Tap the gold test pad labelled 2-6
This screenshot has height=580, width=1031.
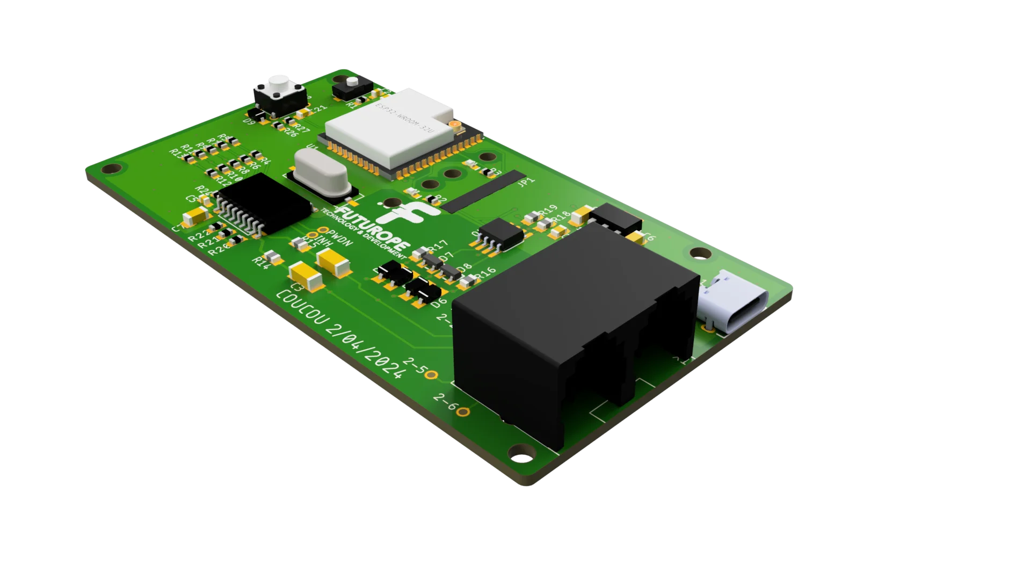click(464, 412)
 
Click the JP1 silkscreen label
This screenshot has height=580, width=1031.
click(526, 183)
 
